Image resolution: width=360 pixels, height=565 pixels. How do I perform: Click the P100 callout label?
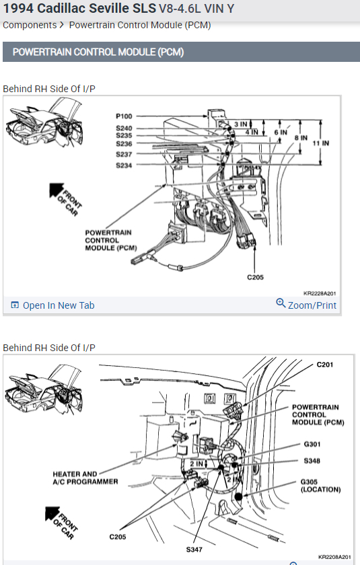[124, 116]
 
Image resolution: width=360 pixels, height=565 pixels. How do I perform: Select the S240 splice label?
[124, 128]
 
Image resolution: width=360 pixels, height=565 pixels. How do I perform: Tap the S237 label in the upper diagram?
[124, 154]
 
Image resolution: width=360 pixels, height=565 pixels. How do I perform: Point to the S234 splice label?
[124, 165]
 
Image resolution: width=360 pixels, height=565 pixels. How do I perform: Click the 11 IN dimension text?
[321, 143]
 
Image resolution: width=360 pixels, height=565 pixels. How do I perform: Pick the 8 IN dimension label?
[301, 138]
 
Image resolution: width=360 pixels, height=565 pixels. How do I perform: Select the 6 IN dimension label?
[281, 133]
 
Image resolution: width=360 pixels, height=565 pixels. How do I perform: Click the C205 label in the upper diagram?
[255, 277]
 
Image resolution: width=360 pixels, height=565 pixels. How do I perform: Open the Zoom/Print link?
[306, 305]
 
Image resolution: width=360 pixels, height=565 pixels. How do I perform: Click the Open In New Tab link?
[53, 305]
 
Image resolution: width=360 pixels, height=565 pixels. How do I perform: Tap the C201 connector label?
[325, 365]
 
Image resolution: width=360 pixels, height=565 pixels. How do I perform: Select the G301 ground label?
[312, 445]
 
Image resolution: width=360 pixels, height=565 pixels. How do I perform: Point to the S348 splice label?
[312, 461]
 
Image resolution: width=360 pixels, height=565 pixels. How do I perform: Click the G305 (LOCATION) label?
[321, 486]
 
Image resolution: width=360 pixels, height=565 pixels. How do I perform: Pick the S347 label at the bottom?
[194, 550]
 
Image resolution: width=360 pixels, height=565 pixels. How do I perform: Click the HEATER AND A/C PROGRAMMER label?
[85, 478]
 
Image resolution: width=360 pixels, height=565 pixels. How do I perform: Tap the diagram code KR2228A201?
[320, 293]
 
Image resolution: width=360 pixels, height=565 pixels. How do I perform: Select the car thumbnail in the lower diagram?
[44, 389]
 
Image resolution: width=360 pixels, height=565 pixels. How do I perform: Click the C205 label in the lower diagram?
[118, 537]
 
